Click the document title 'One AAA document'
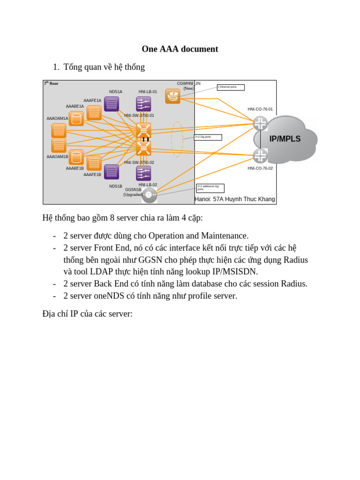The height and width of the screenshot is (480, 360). [x=180, y=49]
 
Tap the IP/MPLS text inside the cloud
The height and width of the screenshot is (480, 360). [x=285, y=139]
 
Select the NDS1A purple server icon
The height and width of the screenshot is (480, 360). [x=112, y=104]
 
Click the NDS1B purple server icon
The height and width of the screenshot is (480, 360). [x=112, y=172]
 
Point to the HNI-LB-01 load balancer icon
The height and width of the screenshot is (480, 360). [x=143, y=104]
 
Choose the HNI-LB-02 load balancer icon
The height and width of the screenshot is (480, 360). [x=143, y=173]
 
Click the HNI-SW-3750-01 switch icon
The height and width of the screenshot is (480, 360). [x=143, y=130]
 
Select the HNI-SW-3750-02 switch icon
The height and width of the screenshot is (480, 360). [x=143, y=148]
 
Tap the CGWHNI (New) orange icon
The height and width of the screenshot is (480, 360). [x=172, y=96]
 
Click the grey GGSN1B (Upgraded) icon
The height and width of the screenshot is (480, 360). [x=149, y=195]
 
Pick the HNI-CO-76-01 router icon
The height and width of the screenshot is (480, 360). [x=260, y=123]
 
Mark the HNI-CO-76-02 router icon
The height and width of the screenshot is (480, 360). [x=260, y=156]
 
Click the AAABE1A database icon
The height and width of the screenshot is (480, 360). [x=76, y=119]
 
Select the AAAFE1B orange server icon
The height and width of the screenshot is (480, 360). [x=94, y=163]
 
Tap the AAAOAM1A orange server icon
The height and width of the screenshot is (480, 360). [x=59, y=130]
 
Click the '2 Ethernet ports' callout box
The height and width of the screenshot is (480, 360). [x=231, y=87]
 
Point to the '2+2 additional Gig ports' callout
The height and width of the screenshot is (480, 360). [x=210, y=188]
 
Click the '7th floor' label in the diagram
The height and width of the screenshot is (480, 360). [x=51, y=83]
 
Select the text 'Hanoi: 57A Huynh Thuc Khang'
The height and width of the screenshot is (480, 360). [x=235, y=199]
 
